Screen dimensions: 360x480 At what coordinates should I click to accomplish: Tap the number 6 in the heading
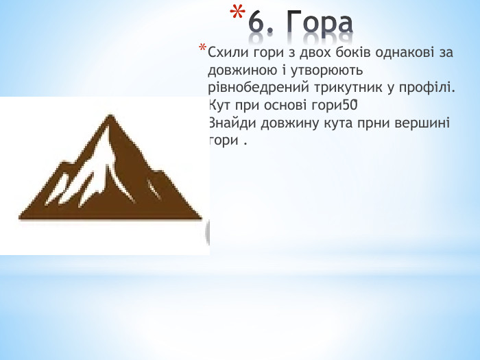[257, 23]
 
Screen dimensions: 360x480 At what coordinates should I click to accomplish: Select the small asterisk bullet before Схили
[202, 49]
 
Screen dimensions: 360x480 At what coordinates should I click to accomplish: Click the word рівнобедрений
[250, 88]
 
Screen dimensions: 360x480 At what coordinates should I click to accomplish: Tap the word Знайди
[228, 123]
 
